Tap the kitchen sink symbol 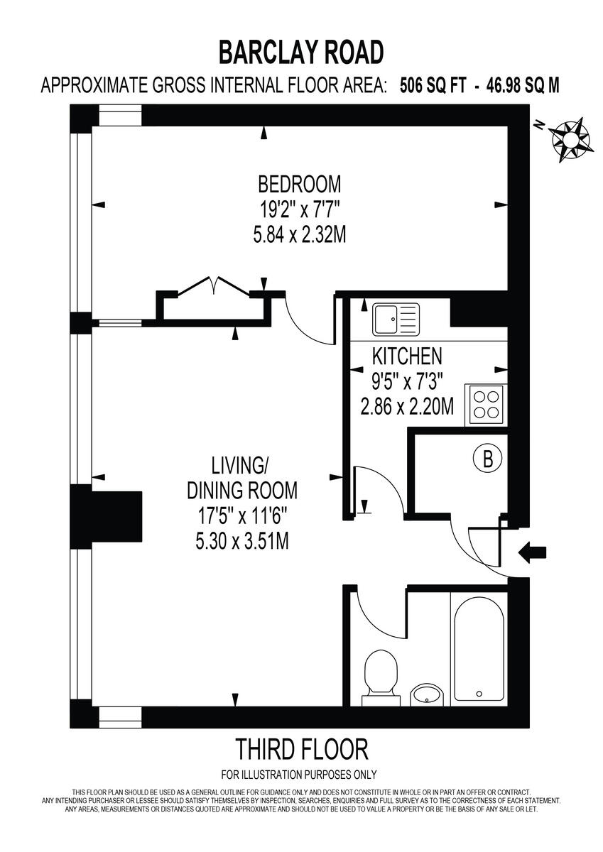pos(396,319)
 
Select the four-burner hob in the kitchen pos(485,405)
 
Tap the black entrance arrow pos(533,551)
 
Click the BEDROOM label pos(299,185)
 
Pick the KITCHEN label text pos(408,355)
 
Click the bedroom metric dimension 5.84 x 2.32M pos(299,234)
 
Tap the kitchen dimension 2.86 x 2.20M pos(408,408)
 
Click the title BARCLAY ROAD pos(301,53)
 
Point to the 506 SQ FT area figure pos(433,86)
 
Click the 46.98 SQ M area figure pos(522,86)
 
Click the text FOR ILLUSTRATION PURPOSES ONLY pos(299,775)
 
